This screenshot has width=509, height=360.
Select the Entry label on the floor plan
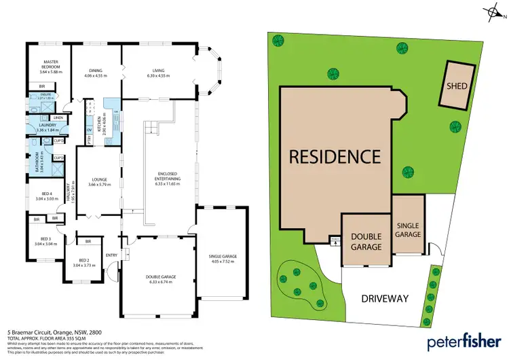(x=111, y=255)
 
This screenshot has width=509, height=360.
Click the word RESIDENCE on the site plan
(x=335, y=156)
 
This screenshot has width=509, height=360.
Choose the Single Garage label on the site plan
(x=409, y=229)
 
